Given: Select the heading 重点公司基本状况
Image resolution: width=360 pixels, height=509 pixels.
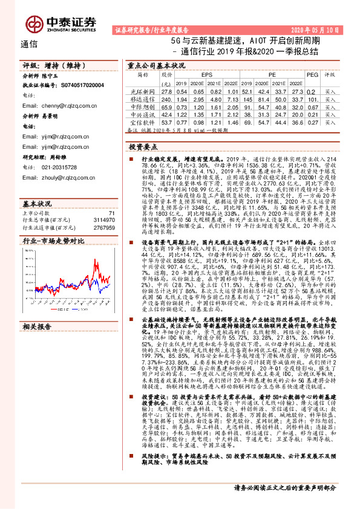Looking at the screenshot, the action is [155, 64].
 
